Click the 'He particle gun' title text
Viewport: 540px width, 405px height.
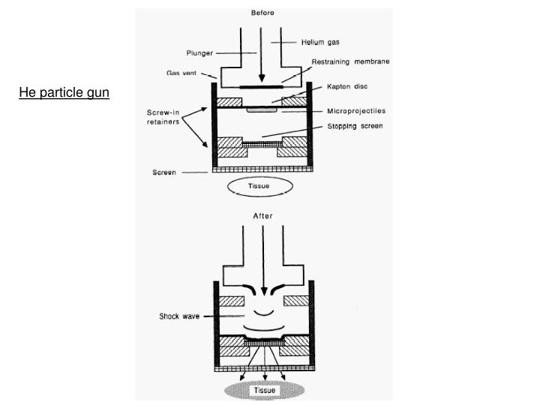point(64,93)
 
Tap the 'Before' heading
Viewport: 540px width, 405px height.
point(262,13)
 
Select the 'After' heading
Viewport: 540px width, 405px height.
point(262,215)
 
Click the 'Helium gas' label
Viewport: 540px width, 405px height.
point(320,42)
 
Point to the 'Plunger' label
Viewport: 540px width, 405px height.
point(200,52)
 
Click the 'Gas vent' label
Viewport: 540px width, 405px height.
point(183,73)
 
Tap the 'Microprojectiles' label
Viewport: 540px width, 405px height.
point(356,111)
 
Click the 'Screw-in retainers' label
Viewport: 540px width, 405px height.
point(162,118)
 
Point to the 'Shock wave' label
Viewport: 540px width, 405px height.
point(177,316)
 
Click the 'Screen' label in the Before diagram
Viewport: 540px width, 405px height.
point(163,172)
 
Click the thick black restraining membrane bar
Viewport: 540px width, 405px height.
point(262,87)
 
